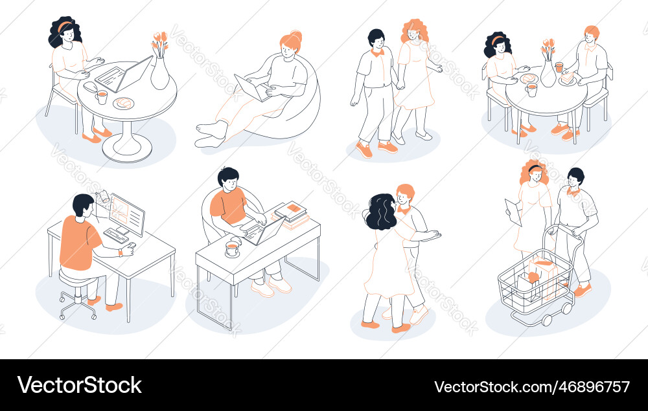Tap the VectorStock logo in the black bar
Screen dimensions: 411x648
pos(80,385)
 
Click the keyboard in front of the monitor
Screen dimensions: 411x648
pos(115,236)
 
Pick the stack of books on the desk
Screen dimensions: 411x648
pos(292,214)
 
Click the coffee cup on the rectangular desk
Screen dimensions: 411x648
pos(231,249)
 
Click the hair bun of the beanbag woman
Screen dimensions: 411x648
pos(296,35)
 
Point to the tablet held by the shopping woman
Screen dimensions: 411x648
pos(513,212)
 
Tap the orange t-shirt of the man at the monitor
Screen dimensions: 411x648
pos(77,242)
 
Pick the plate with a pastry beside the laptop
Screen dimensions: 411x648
pos(124,103)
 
